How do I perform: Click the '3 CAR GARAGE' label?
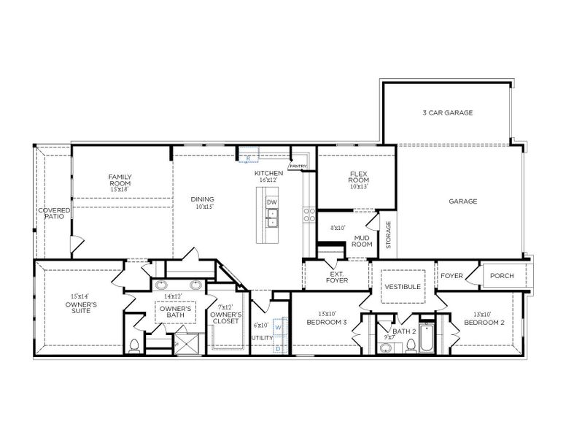point(448,113)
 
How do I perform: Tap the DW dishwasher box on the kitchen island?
point(271,201)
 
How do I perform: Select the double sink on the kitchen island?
point(271,217)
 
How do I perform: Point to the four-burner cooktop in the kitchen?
point(309,214)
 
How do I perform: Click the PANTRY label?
point(298,166)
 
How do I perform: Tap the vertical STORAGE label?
point(388,235)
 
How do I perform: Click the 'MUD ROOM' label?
point(363,241)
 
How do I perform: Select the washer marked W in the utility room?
point(278,328)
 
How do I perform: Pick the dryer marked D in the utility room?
point(278,348)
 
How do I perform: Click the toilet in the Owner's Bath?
point(134,345)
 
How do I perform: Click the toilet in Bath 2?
point(385,347)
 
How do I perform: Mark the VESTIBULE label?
point(403,287)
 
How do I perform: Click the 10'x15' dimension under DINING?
point(202,207)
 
